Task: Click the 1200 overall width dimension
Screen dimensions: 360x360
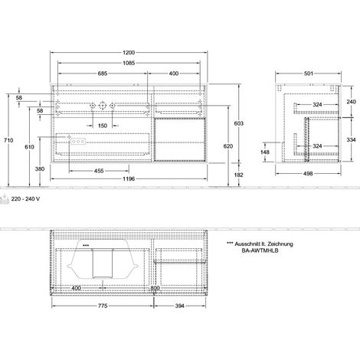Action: (129, 53)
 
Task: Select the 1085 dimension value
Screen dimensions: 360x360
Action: (129, 63)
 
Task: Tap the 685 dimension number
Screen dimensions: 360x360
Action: (103, 74)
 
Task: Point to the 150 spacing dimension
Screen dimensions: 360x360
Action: (103, 126)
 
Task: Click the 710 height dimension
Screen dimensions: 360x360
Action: (8, 140)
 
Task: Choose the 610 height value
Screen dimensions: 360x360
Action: (29, 147)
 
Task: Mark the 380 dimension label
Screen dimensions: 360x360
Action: (40, 169)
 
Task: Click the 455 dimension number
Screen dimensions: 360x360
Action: (99, 171)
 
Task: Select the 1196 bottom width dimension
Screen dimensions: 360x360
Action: (129, 178)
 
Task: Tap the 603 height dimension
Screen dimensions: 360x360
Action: (239, 123)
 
